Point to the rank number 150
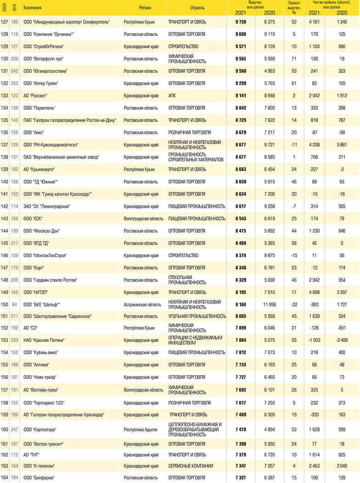point(5,304)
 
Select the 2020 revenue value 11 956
point(270,304)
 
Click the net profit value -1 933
point(315,341)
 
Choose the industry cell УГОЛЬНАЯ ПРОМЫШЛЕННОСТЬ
point(197,316)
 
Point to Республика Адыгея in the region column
point(141,429)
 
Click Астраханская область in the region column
point(142,304)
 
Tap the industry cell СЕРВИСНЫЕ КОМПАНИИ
point(191,466)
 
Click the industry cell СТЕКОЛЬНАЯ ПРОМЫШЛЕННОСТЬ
point(180,280)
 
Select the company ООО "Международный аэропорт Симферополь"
point(67,22)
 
